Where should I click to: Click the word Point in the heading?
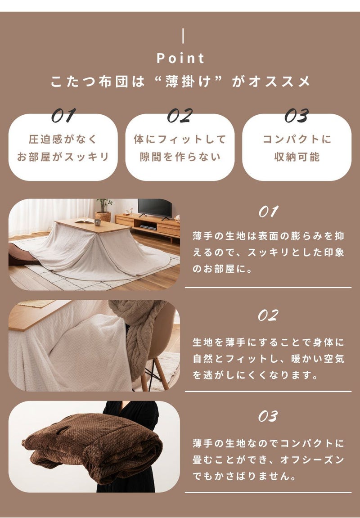point(180,59)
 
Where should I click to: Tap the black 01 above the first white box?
point(63,115)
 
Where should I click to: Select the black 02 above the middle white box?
point(180,115)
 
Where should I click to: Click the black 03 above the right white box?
point(297,115)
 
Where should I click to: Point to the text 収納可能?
point(297,157)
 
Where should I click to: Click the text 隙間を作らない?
point(180,157)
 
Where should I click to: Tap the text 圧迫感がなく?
point(63,139)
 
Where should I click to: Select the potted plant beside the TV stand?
point(103,210)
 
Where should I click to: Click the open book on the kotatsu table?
point(85,221)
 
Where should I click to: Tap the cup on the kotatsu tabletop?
point(98,222)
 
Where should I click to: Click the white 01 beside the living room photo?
point(268,212)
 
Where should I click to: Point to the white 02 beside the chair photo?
point(268,315)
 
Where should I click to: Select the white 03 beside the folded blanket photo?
point(268,416)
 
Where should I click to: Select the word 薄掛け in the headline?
point(188,81)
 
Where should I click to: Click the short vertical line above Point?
point(183,36)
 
